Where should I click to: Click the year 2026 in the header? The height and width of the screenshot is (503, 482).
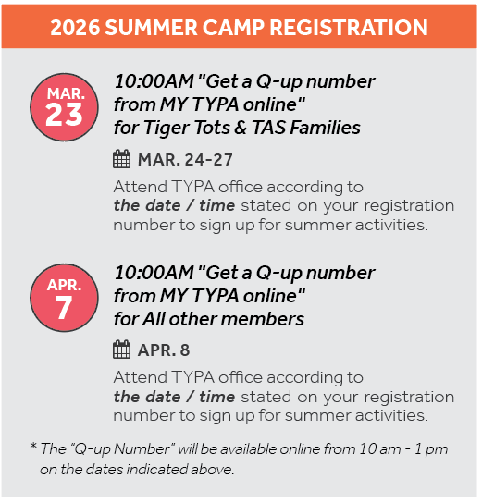pyautogui.click(x=75, y=27)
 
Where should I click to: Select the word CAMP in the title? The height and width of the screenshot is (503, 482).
pyautogui.click(x=239, y=27)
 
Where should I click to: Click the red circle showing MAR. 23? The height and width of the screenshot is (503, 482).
pyautogui.click(x=64, y=104)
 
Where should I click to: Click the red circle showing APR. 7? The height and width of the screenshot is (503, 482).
pyautogui.click(x=64, y=295)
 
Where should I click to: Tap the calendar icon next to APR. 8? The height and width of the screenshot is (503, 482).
pyautogui.click(x=122, y=350)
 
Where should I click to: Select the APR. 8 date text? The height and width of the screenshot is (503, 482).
pyautogui.click(x=164, y=350)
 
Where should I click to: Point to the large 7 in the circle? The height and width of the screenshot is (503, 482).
pyautogui.click(x=64, y=306)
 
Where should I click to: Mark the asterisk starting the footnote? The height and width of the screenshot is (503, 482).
pyautogui.click(x=33, y=448)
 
